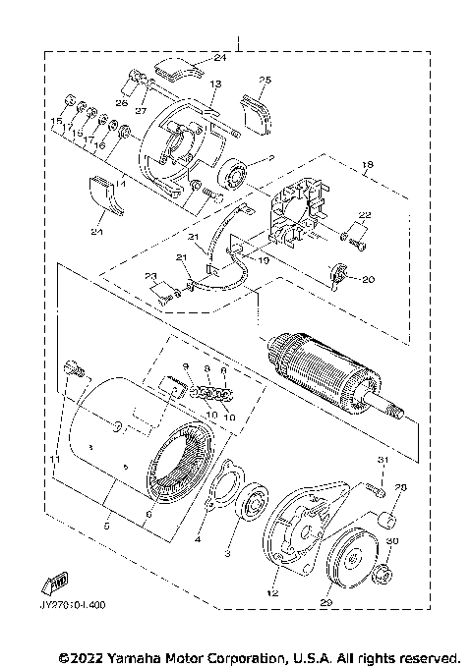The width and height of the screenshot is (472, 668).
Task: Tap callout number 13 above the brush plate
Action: (x=215, y=84)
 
